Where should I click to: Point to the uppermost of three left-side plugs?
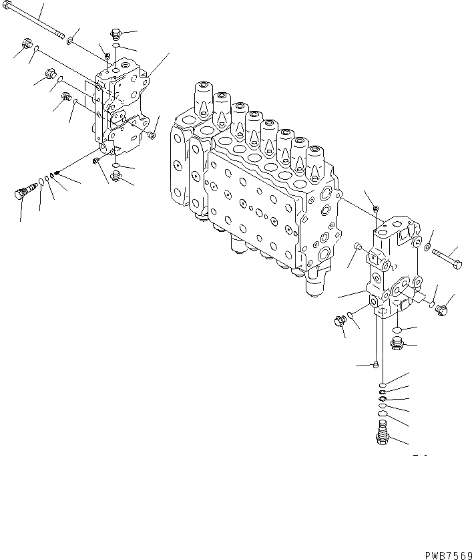[27, 46]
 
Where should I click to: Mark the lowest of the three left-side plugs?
[65, 98]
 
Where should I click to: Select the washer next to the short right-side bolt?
[425, 249]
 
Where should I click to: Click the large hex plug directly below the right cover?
[396, 343]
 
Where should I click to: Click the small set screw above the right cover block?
[377, 209]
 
